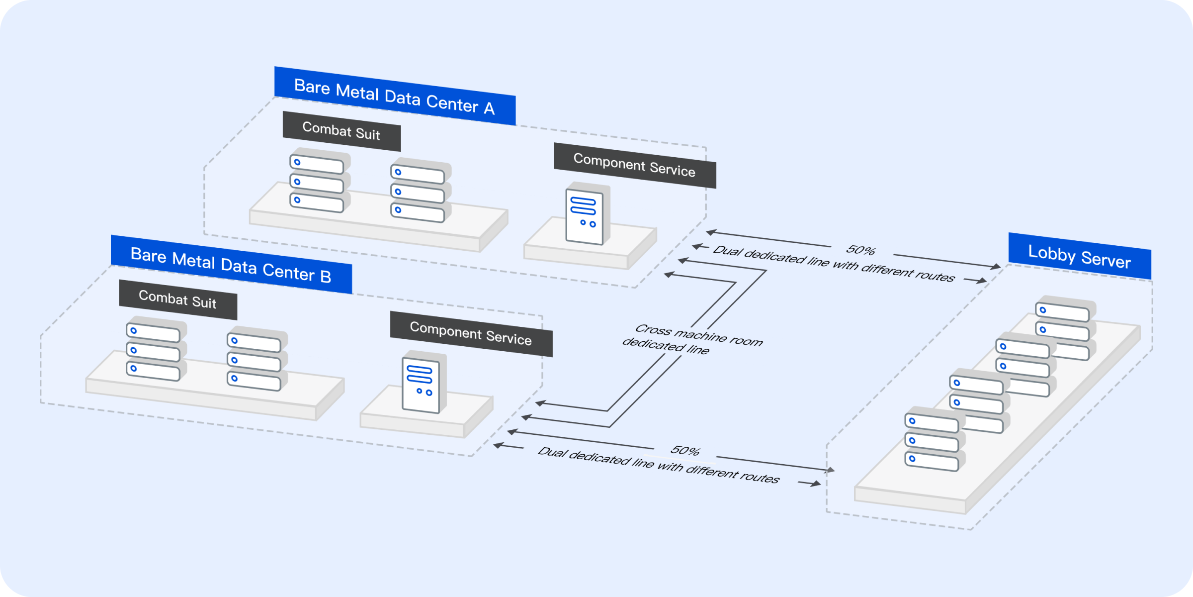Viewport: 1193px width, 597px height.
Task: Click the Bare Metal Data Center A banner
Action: (395, 96)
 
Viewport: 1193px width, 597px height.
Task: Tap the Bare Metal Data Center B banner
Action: (231, 264)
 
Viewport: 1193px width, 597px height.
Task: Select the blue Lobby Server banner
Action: (1079, 256)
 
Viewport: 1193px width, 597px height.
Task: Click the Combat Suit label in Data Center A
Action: (341, 131)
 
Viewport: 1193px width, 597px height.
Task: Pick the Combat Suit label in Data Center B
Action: (178, 299)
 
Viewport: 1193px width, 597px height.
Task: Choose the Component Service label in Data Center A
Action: (635, 165)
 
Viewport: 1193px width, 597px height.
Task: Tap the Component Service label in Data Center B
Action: (471, 333)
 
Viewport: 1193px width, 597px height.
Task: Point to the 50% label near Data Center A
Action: (860, 250)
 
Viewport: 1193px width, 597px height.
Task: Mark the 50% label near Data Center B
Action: (685, 451)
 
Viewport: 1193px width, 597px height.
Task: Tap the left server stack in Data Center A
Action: (319, 181)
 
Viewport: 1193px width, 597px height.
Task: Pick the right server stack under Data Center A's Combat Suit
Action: (420, 191)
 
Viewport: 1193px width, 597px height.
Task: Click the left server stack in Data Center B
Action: (155, 350)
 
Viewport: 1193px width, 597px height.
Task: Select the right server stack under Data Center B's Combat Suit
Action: (256, 360)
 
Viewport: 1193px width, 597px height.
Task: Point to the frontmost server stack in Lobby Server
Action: (934, 440)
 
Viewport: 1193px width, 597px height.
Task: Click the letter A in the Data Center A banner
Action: (489, 108)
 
